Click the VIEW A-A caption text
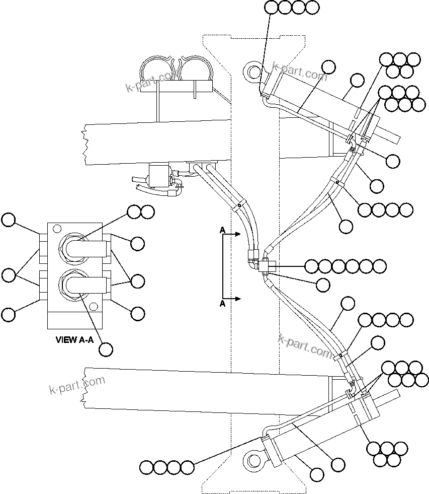74,340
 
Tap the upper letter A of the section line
222,230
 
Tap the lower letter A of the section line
222,304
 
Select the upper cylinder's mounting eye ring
252,70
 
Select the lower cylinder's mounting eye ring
252,460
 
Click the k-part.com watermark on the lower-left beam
77,385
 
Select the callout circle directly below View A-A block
106,349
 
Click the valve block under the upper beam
159,175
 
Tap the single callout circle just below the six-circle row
323,284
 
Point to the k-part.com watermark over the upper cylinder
299,72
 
